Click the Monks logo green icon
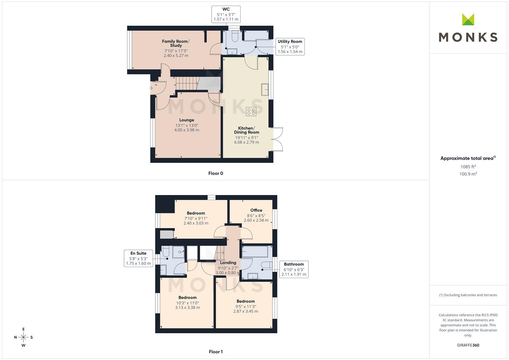(468, 19)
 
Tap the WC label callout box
(226, 14)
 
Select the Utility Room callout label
(290, 47)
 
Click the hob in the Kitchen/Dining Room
(251, 111)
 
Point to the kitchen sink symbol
(265, 90)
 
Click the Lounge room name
(187, 120)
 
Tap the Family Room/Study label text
(176, 43)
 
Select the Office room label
(256, 210)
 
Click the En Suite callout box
(138, 258)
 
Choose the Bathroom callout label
(294, 269)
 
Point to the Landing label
(228, 263)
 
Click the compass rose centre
(23, 337)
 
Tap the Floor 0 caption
(216, 173)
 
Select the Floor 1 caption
(216, 352)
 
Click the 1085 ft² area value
(468, 167)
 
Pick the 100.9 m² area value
(468, 174)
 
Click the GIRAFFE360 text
(468, 345)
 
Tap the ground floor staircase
(187, 83)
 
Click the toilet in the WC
(235, 36)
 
